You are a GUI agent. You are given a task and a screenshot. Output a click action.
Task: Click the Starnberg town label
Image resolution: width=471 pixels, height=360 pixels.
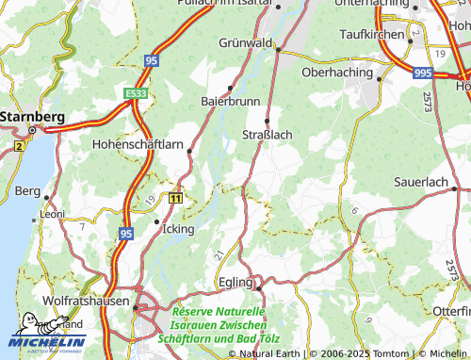tap(32, 116)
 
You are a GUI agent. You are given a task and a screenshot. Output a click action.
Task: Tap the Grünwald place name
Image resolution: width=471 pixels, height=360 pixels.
tap(245, 43)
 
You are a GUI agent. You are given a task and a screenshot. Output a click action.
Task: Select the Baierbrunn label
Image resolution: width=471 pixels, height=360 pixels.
tap(223, 100)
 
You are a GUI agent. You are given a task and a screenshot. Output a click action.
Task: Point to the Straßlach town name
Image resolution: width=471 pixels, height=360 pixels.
tap(268, 135)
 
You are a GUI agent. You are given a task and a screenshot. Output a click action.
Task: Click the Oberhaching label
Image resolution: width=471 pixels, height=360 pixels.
tap(337, 72)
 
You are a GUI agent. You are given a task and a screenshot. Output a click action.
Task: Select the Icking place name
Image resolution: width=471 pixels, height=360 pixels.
tap(177, 229)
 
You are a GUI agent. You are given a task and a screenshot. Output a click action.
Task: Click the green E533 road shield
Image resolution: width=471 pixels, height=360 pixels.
tap(136, 94)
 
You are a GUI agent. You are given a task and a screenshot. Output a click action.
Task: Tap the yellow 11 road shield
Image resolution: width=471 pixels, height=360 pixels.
tap(175, 198)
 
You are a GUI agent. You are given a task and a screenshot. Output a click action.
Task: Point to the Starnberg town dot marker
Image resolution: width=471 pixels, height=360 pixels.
tap(31, 130)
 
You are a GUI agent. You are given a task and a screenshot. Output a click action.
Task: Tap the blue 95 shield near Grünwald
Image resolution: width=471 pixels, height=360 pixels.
tap(151, 60)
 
